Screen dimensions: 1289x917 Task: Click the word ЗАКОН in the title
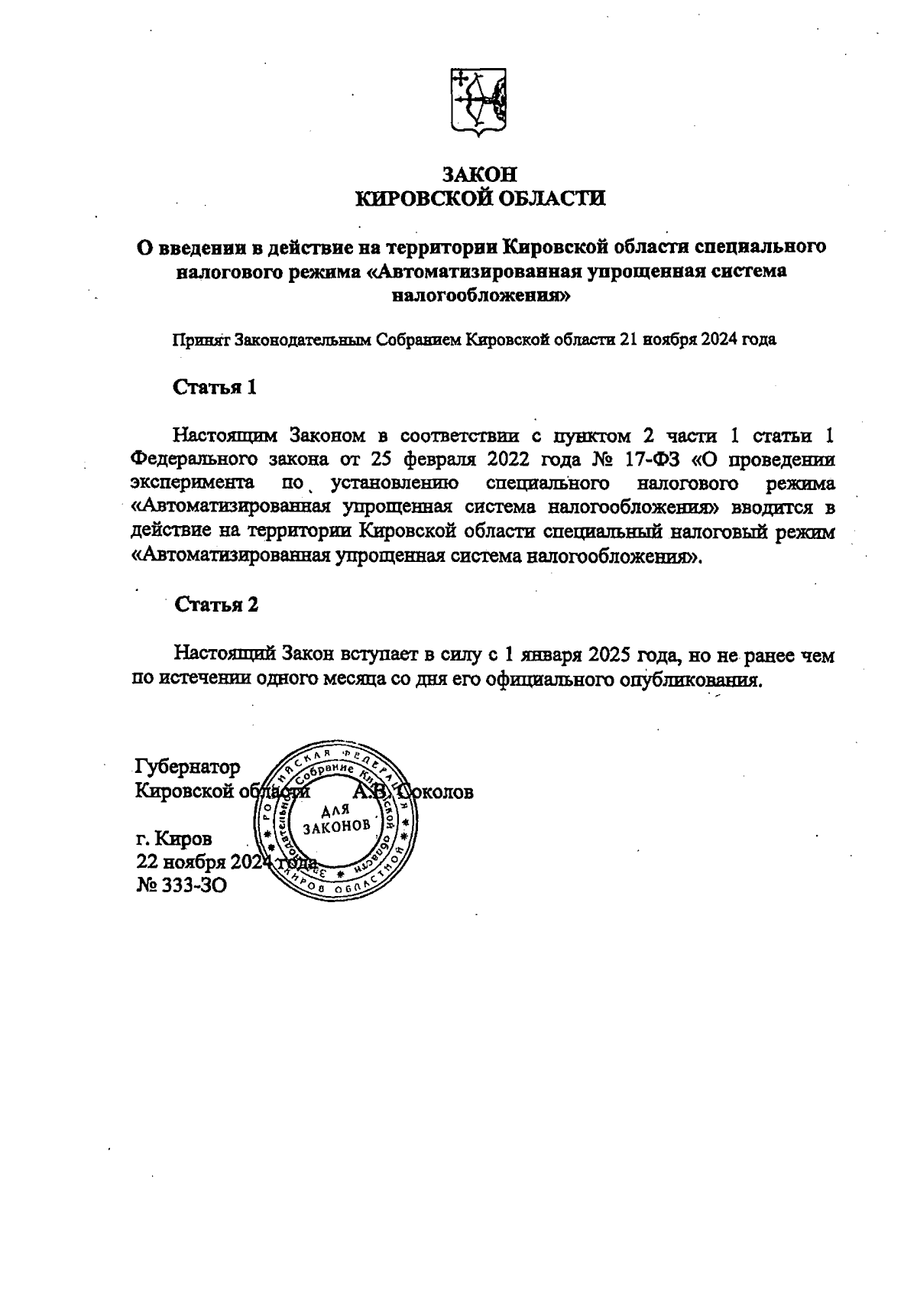click(x=481, y=174)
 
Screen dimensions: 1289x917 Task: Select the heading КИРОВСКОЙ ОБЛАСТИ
click(x=481, y=199)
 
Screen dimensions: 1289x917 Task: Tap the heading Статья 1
click(x=215, y=387)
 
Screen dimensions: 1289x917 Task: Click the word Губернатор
click(x=187, y=767)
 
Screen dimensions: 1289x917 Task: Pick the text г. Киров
click(x=174, y=839)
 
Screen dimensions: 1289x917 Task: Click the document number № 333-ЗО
click(x=181, y=885)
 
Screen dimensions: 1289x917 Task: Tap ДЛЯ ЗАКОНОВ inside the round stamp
click(x=336, y=819)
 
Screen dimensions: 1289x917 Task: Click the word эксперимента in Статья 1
click(x=193, y=484)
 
